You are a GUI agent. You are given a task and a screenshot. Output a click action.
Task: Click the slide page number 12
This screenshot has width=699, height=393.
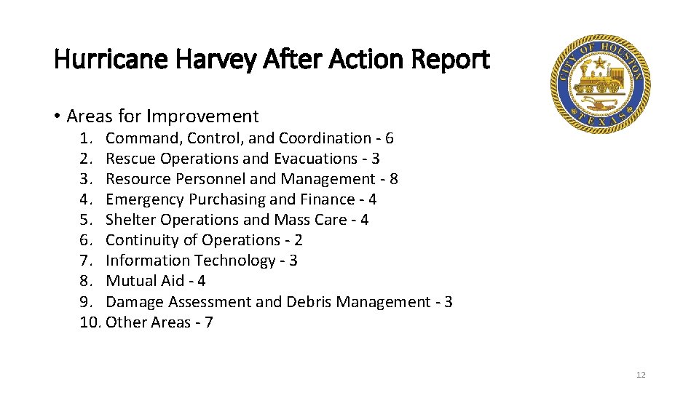pyautogui.click(x=641, y=375)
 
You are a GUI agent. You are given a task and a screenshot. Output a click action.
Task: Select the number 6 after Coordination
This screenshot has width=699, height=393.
pyautogui.click(x=390, y=138)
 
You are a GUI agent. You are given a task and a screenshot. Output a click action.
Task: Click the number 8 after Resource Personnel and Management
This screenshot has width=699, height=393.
pyautogui.click(x=394, y=179)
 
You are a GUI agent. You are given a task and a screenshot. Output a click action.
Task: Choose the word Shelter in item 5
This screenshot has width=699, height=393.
pyautogui.click(x=130, y=220)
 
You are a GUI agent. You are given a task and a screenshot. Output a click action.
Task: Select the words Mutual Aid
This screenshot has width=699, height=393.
pyautogui.click(x=145, y=281)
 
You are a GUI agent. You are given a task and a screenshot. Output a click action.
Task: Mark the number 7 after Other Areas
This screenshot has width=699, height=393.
pyautogui.click(x=209, y=322)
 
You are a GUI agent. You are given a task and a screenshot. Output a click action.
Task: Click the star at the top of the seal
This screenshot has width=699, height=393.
pyautogui.click(x=599, y=60)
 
